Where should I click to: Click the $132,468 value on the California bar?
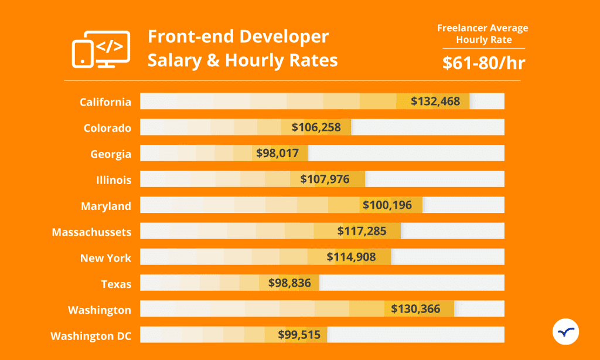(439, 101)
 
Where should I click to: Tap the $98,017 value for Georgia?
(277, 153)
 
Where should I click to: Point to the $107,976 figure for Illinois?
(325, 179)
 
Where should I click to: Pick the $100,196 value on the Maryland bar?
(387, 205)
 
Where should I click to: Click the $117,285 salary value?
(362, 232)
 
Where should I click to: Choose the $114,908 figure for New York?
(351, 257)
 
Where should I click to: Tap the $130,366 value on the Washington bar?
(415, 309)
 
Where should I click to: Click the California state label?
(105, 102)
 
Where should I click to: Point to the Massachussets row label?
(91, 232)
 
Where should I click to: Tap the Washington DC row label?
(91, 336)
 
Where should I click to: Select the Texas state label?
(116, 284)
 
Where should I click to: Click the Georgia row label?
(111, 154)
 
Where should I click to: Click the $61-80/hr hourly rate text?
(483, 62)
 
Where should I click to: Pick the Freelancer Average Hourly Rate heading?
(483, 34)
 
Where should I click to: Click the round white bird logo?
(565, 332)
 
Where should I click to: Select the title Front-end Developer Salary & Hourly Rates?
(242, 49)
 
